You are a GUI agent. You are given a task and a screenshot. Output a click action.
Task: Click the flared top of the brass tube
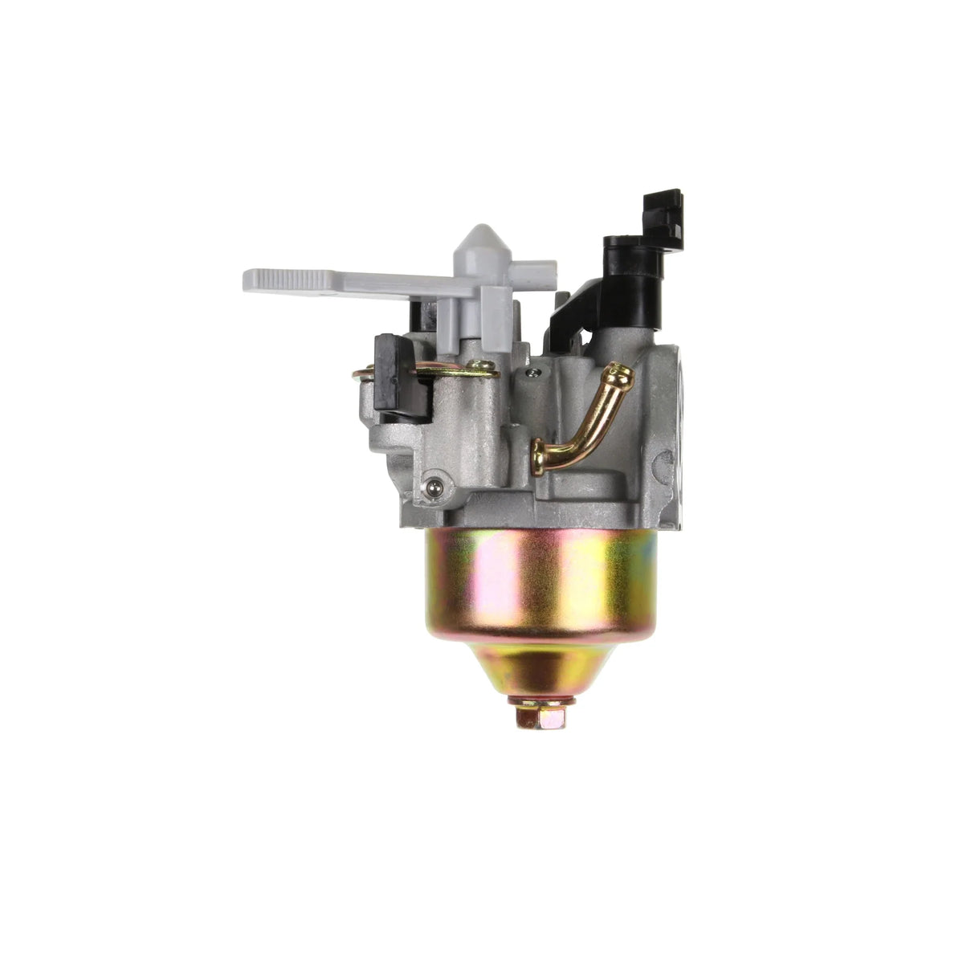(618, 372)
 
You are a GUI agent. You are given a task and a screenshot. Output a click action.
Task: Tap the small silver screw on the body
(530, 372)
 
